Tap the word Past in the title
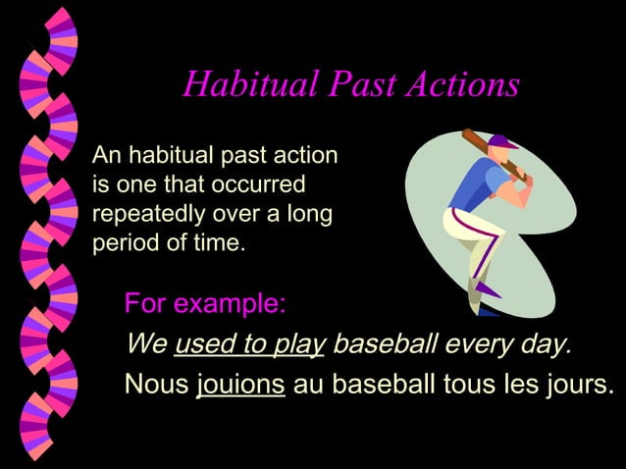(x=360, y=85)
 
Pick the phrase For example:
(x=205, y=304)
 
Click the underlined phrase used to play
(x=250, y=344)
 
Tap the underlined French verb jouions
(x=240, y=384)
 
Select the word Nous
(x=156, y=384)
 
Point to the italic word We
(x=146, y=344)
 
